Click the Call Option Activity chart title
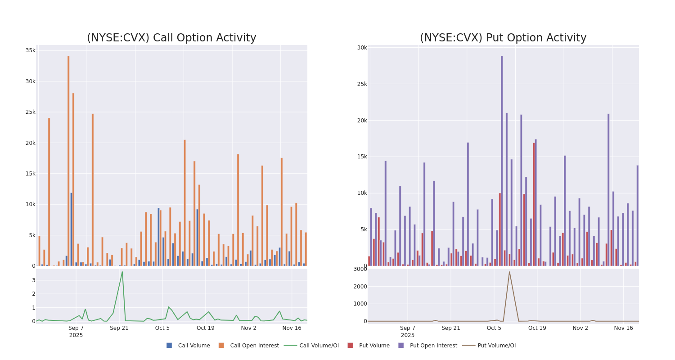171,38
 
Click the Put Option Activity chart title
503,38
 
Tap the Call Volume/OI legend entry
311,346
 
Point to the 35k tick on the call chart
30,50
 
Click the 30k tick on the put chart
362,48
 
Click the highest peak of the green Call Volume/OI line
122,272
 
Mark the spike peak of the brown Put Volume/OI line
509,272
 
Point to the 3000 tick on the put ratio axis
360,269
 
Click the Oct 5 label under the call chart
162,328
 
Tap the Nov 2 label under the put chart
580,328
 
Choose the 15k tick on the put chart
362,157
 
